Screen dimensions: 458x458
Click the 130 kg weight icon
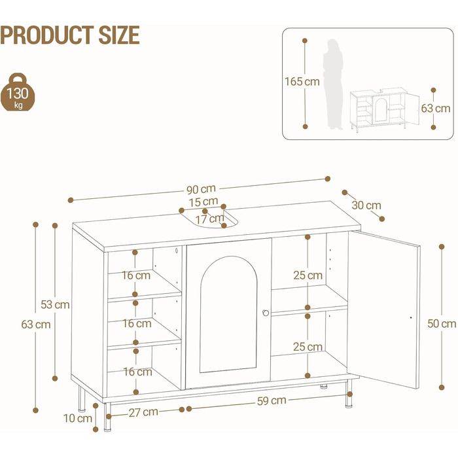tap(18, 92)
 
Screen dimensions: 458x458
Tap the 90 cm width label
tap(201, 189)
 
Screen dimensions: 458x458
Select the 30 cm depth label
tap(366, 205)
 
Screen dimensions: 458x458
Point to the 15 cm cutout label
tap(203, 202)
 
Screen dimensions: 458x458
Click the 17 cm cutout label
tap(210, 219)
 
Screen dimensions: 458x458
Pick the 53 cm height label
tap(55, 305)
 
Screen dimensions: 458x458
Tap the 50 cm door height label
tap(442, 324)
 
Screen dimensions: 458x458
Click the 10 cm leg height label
tap(78, 418)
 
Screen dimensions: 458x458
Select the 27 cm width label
tap(143, 412)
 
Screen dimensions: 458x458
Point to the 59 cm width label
tap(272, 400)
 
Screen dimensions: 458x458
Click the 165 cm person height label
tap(302, 82)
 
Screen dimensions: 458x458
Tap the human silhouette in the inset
tap(333, 84)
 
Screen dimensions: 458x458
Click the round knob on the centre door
tap(266, 313)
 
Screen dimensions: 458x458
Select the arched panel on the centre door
tap(229, 314)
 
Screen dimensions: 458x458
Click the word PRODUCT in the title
tap(47, 35)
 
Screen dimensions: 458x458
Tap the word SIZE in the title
tap(119, 35)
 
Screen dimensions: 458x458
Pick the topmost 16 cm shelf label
tap(136, 275)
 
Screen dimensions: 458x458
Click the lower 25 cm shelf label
tap(308, 347)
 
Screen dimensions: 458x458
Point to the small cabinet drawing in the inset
tap(385, 109)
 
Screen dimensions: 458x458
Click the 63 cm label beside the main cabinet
tap(36, 325)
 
